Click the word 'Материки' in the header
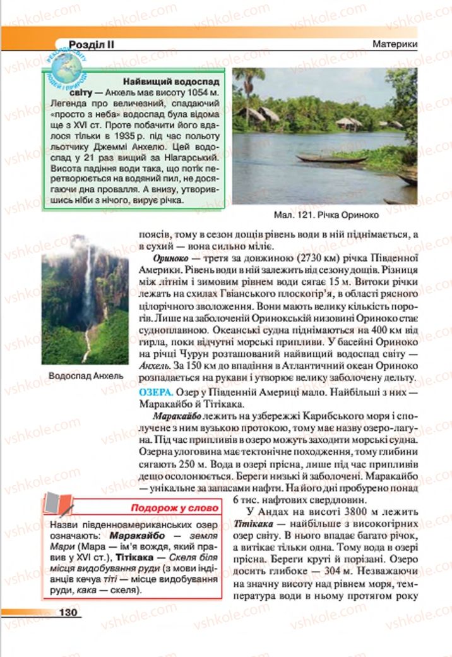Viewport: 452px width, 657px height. (394, 45)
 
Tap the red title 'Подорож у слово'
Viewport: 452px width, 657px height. (174, 508)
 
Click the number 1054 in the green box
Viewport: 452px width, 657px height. (192, 93)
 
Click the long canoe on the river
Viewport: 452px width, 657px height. (331, 159)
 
